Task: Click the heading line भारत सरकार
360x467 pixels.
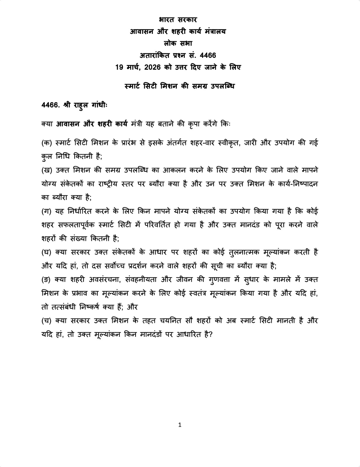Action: click(178, 20)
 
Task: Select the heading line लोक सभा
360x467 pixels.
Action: click(178, 43)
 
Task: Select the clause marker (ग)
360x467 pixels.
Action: click(46, 211)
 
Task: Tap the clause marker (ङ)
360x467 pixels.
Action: click(46, 280)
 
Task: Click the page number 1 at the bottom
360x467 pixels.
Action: click(180, 425)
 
